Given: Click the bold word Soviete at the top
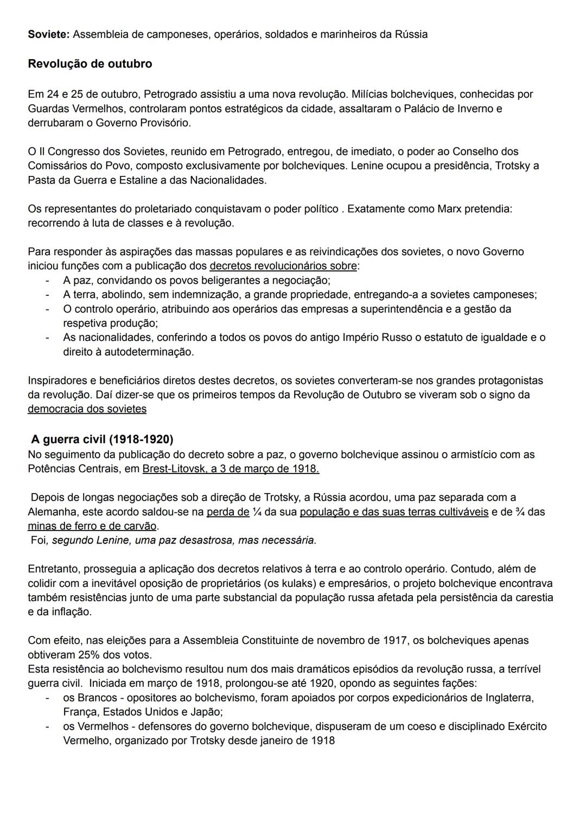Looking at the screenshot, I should click(48, 35).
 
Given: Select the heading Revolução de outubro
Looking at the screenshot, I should click(90, 64).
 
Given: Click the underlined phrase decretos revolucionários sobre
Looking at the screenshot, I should click(283, 266).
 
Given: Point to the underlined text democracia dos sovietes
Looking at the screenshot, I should click(87, 409).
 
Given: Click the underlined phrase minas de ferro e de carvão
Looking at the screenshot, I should click(92, 526).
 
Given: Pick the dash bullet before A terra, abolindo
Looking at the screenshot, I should click(48, 295).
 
